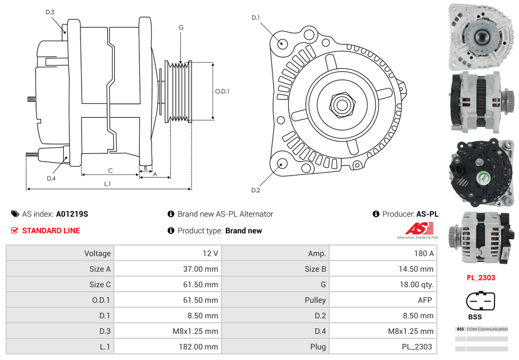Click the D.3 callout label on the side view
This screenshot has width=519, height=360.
[49, 12]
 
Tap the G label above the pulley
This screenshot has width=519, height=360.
[181, 27]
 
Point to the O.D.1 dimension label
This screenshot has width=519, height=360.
[222, 91]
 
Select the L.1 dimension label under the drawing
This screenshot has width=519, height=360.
[108, 183]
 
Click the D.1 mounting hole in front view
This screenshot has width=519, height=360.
[282, 43]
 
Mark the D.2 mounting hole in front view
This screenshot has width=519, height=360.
[281, 163]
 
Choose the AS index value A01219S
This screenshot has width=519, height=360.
[72, 214]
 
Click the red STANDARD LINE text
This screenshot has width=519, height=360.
[51, 231]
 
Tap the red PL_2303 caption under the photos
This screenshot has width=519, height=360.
[481, 277]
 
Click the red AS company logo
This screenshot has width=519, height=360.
[419, 228]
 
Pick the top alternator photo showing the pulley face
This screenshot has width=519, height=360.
[481, 37]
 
